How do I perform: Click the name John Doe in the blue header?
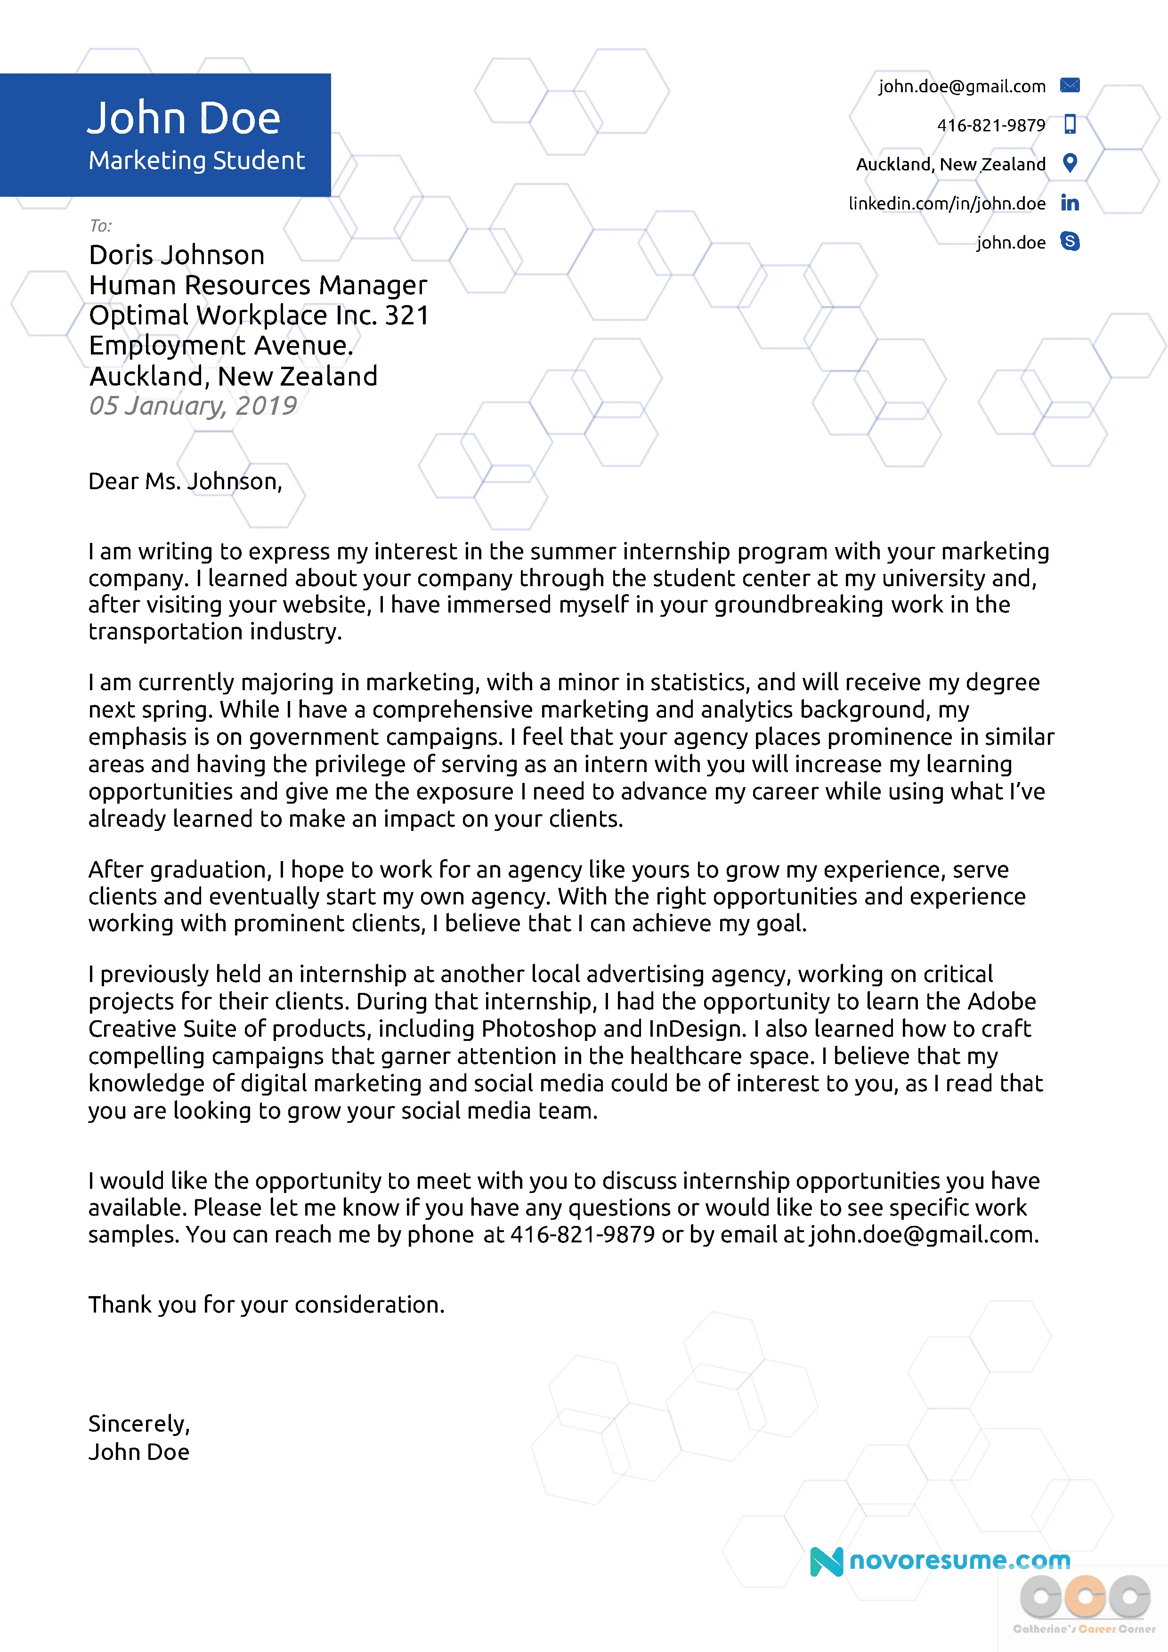pos(184,118)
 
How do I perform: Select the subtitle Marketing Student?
pos(196,161)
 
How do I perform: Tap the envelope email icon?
pos(1070,86)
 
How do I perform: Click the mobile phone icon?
pos(1070,124)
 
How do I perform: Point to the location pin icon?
pos(1070,163)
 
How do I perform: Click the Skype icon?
pos(1070,242)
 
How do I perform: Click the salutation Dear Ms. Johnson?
pos(185,481)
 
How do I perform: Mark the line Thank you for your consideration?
pos(266,1305)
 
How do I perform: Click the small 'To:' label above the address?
pos(101,226)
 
